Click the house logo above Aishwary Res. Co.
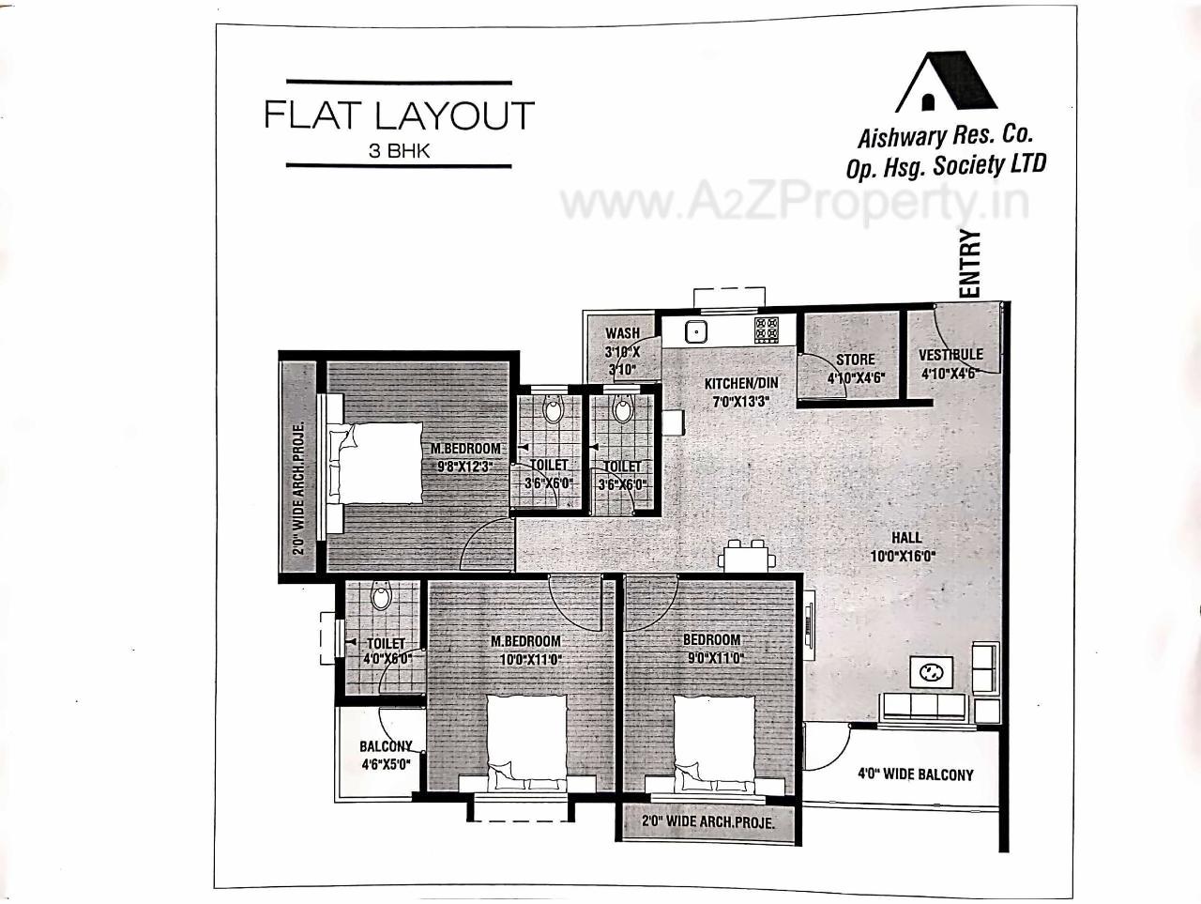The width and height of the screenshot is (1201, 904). pos(946,83)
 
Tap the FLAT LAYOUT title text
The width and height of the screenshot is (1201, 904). pos(399,115)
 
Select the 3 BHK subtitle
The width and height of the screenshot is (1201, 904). pos(399,151)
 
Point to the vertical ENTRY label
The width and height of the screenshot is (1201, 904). pos(970,264)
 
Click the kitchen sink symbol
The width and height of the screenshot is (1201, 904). pos(695,330)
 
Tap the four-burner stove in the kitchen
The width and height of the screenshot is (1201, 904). pos(766,330)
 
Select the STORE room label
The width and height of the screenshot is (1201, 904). pos(855,360)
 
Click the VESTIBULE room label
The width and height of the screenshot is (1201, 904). pos(950,355)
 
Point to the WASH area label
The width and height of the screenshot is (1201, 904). pos(622,333)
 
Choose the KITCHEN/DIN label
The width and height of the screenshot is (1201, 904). pos(741,384)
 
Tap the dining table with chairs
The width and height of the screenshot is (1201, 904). pos(747,556)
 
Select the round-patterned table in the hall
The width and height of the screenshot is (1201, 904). pos(932,672)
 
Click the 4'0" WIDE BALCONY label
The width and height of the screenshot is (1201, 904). pos(915,774)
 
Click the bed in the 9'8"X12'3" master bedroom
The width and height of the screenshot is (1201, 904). pos(372,466)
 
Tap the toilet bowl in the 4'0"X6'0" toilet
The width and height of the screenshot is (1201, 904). pos(381,595)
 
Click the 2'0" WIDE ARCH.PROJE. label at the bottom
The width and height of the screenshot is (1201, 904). pos(707,822)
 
